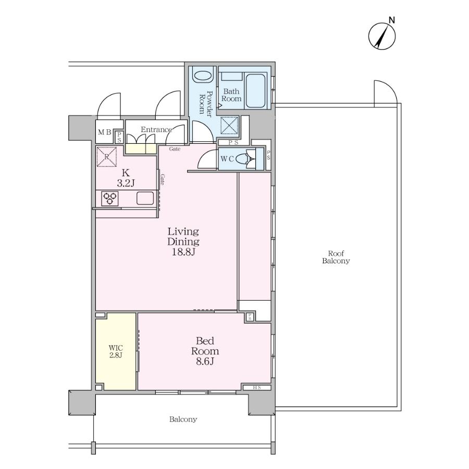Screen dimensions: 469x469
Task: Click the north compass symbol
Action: click(x=382, y=36)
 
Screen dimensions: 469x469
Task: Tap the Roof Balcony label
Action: click(x=336, y=257)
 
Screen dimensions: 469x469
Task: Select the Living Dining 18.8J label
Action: click(x=183, y=242)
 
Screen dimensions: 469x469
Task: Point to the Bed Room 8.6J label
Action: click(x=205, y=351)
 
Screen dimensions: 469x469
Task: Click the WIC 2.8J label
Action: click(x=116, y=352)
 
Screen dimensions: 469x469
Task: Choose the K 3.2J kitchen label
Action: click(x=126, y=178)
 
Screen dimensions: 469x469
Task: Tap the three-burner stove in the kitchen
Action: click(x=110, y=199)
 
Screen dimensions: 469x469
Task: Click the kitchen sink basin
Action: click(x=145, y=199)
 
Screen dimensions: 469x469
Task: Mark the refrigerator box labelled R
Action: click(x=107, y=156)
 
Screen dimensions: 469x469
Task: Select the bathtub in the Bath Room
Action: click(x=255, y=91)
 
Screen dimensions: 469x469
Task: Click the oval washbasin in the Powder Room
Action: click(x=203, y=77)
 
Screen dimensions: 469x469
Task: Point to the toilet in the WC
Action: click(x=246, y=159)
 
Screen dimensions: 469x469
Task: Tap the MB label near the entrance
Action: click(x=104, y=132)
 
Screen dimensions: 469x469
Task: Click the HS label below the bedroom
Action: click(x=257, y=388)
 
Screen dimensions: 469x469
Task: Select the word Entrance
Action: click(x=156, y=130)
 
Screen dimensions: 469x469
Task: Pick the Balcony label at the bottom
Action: click(x=183, y=419)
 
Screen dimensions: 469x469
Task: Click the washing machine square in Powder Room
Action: click(x=229, y=125)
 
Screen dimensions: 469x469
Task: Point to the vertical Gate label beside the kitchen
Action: click(x=162, y=179)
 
